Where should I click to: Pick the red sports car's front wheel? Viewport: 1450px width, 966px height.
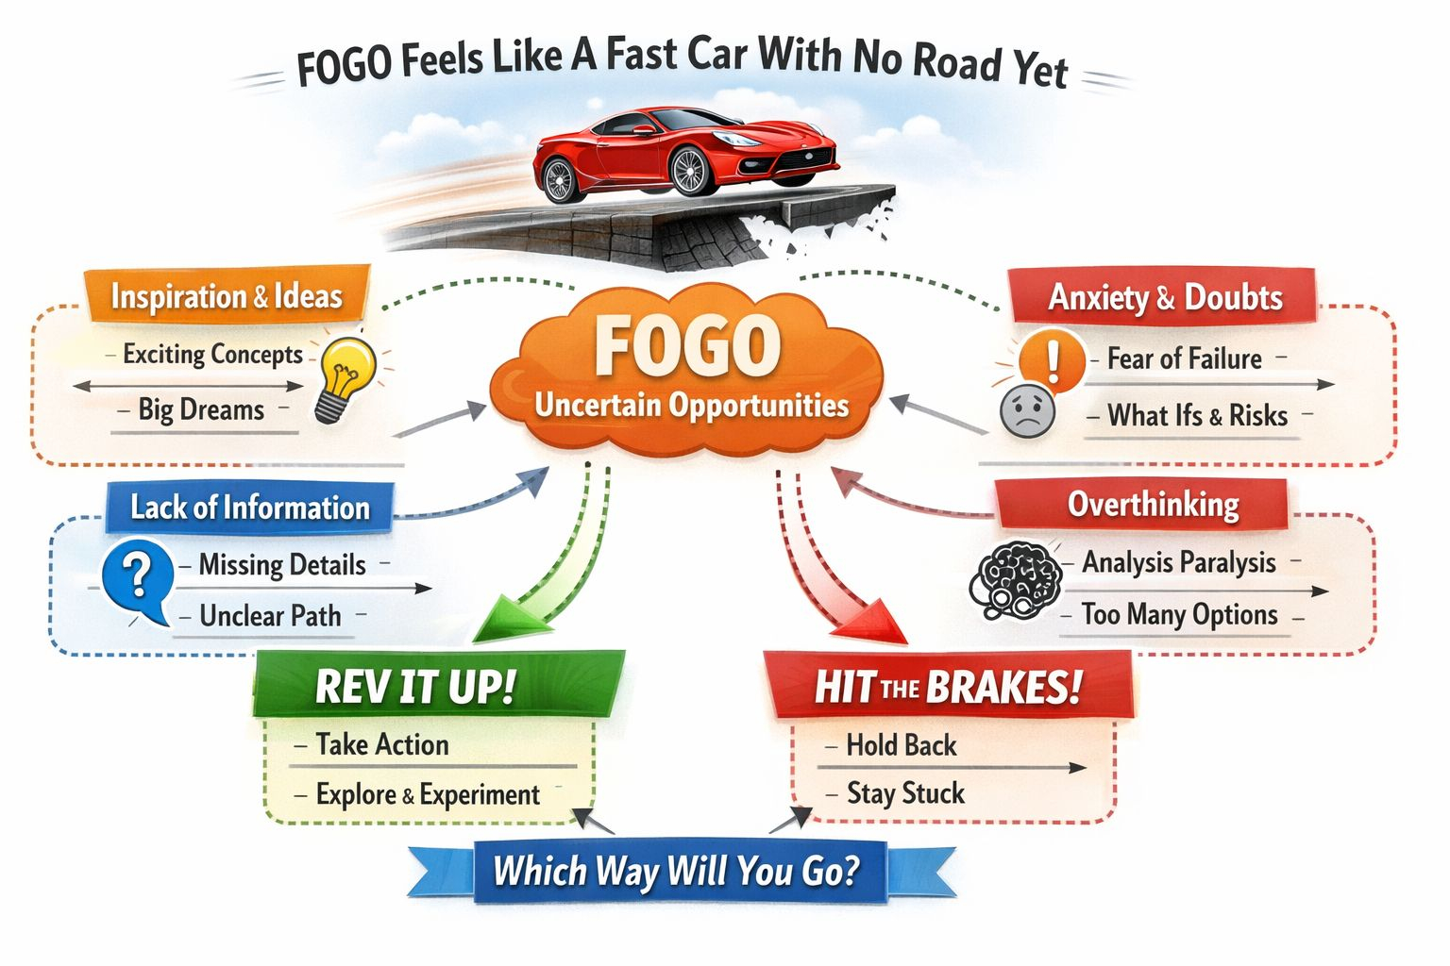690,170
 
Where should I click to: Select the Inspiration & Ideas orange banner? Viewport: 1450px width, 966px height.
227,296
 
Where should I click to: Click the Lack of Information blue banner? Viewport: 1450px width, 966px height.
250,508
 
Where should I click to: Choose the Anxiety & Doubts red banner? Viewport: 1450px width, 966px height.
1164,297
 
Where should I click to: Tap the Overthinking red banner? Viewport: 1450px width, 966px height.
1153,505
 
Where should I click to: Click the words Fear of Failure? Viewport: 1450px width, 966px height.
1184,358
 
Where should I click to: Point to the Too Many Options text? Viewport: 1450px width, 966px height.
1179,615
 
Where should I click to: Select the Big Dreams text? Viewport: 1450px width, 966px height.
201,409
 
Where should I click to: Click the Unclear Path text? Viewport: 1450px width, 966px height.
270,616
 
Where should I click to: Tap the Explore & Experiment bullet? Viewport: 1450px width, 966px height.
428,794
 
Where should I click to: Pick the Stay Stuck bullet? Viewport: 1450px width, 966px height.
905,792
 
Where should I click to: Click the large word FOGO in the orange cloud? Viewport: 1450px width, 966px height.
687,347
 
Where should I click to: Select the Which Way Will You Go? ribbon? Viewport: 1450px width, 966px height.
676,870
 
